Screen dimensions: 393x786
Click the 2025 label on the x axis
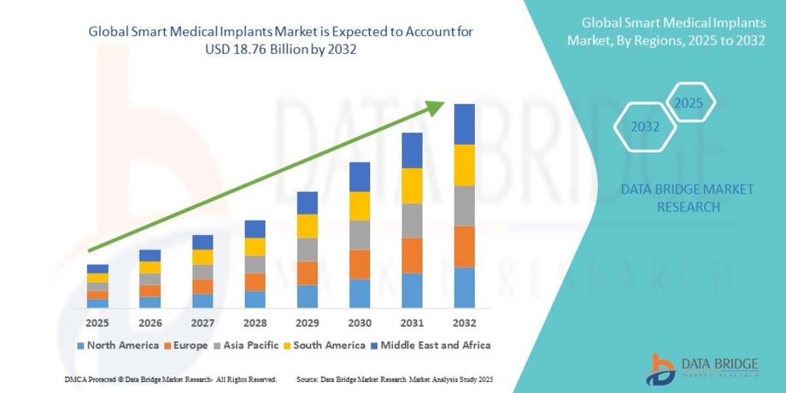[98, 323]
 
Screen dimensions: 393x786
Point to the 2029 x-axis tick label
[307, 323]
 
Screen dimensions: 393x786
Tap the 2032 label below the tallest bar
[464, 323]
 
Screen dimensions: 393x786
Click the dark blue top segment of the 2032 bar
[464, 124]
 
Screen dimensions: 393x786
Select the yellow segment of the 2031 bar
[412, 185]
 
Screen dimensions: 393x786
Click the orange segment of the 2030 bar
[360, 264]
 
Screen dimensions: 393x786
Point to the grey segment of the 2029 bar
[307, 250]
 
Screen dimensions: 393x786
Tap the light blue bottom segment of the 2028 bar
[255, 299]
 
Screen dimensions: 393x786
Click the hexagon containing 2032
[645, 127]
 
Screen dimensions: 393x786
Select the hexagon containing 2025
[688, 103]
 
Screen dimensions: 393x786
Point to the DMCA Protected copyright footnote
[170, 379]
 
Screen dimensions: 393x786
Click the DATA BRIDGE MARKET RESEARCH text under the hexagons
[688, 198]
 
